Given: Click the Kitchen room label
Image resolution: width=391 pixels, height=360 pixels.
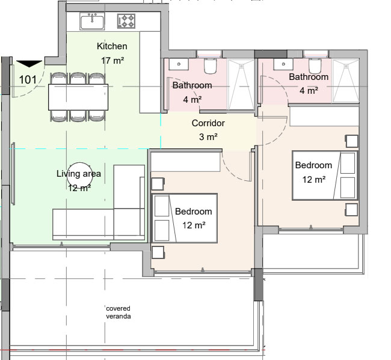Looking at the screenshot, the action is tap(112, 46).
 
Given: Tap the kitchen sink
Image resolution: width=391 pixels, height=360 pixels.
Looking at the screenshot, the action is tap(92, 22).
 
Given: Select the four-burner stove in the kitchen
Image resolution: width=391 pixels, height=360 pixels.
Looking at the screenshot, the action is tap(126, 21).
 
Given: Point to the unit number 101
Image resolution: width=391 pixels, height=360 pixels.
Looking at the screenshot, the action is tap(28, 80).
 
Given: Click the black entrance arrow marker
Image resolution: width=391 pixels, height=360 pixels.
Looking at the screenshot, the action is tap(29, 64).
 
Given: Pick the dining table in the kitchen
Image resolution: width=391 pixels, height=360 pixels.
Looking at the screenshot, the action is tap(78, 97).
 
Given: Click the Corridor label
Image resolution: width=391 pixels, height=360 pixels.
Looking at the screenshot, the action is tap(208, 123).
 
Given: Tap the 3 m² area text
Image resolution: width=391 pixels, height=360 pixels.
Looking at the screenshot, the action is tap(208, 136).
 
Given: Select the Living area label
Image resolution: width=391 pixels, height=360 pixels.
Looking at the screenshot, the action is tap(79, 174).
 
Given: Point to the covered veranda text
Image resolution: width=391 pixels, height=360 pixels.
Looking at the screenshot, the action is tap(118, 313).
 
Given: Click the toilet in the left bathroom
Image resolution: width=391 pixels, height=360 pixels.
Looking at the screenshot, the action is tap(210, 66).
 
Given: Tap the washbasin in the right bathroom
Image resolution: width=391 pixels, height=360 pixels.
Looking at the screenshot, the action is tap(283, 64).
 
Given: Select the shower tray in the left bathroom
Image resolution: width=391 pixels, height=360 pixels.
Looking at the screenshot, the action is tap(241, 84).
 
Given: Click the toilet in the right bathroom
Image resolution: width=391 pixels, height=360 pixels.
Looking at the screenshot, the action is tap(315, 66).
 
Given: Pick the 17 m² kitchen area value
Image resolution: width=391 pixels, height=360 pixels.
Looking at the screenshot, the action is tap(112, 60).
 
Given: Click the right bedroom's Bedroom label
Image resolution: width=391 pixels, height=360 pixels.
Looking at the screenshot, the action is tap(313, 165).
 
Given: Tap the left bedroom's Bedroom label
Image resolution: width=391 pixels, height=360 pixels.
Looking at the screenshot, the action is tap(194, 212).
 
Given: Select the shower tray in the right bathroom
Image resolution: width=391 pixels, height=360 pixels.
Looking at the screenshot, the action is tap(346, 81).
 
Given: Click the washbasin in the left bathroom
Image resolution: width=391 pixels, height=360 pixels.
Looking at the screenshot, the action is tap(179, 64).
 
